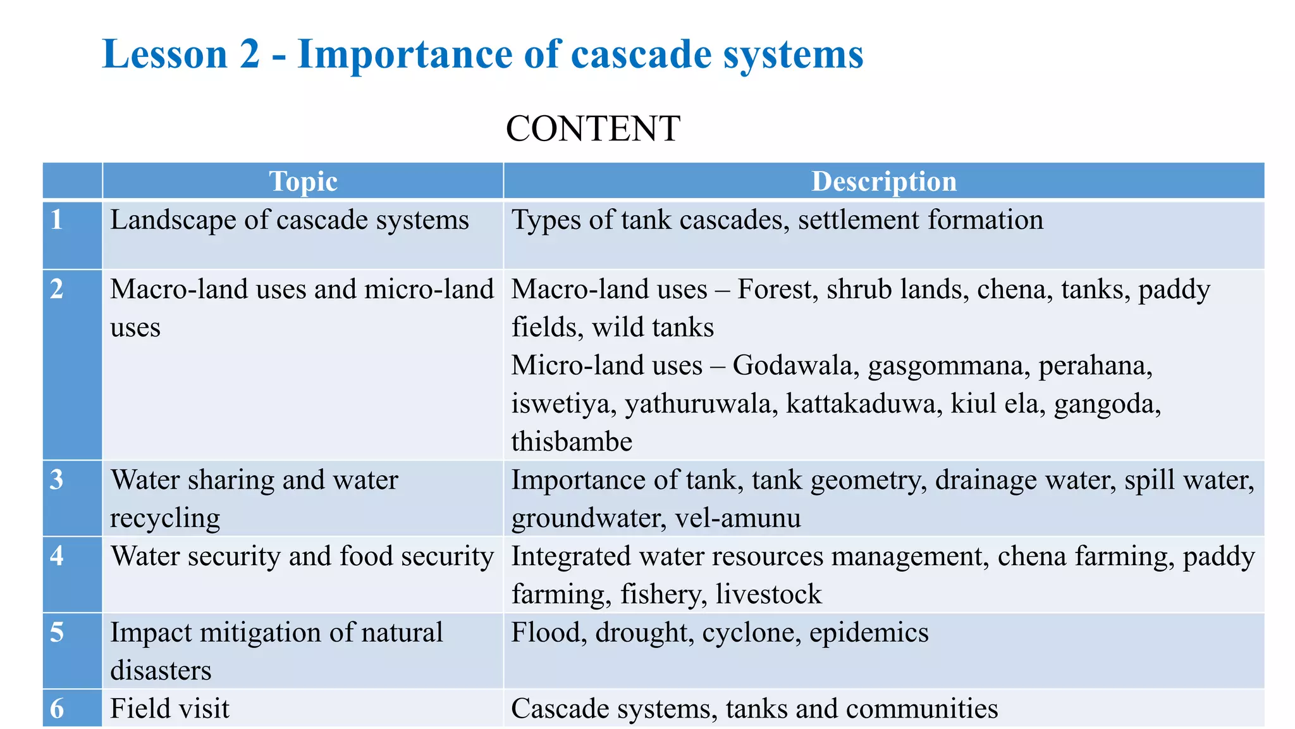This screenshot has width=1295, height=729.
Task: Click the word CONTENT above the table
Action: click(x=592, y=128)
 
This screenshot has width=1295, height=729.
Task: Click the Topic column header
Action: click(x=303, y=182)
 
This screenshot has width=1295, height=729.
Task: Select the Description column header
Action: click(x=883, y=182)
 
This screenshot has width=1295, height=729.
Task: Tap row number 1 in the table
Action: click(x=57, y=220)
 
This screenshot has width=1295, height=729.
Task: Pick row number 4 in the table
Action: click(x=57, y=556)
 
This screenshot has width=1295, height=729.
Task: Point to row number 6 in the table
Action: click(x=57, y=709)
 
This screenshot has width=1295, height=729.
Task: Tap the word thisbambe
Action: click(x=572, y=442)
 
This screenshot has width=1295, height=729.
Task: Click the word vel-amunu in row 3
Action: click(x=738, y=518)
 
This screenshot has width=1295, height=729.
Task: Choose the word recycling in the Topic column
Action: click(x=165, y=518)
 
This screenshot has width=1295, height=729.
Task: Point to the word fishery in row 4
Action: click(x=660, y=595)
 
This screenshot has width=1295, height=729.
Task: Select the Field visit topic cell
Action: click(x=169, y=709)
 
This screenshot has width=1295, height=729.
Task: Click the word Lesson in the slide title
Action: click(x=164, y=54)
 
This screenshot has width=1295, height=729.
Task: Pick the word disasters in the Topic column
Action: click(x=161, y=671)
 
